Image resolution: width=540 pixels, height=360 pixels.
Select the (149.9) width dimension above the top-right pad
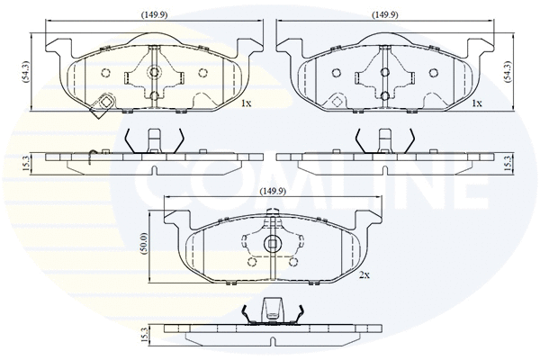coord(386,14)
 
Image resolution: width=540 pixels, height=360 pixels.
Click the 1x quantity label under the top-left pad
coord(246,103)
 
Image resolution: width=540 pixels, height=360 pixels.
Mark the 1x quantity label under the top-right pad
coord(478,103)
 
